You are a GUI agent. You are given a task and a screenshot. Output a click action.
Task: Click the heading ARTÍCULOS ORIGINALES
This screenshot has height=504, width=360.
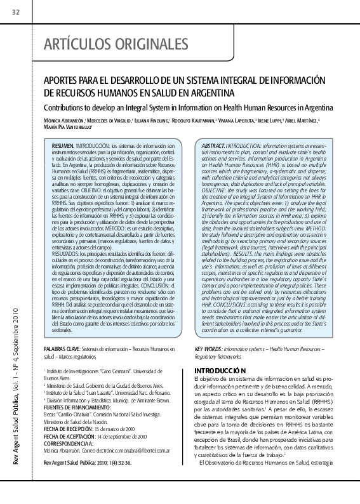click(x=116, y=45)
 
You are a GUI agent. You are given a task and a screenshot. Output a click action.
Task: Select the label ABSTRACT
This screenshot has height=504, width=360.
click(x=212, y=146)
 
